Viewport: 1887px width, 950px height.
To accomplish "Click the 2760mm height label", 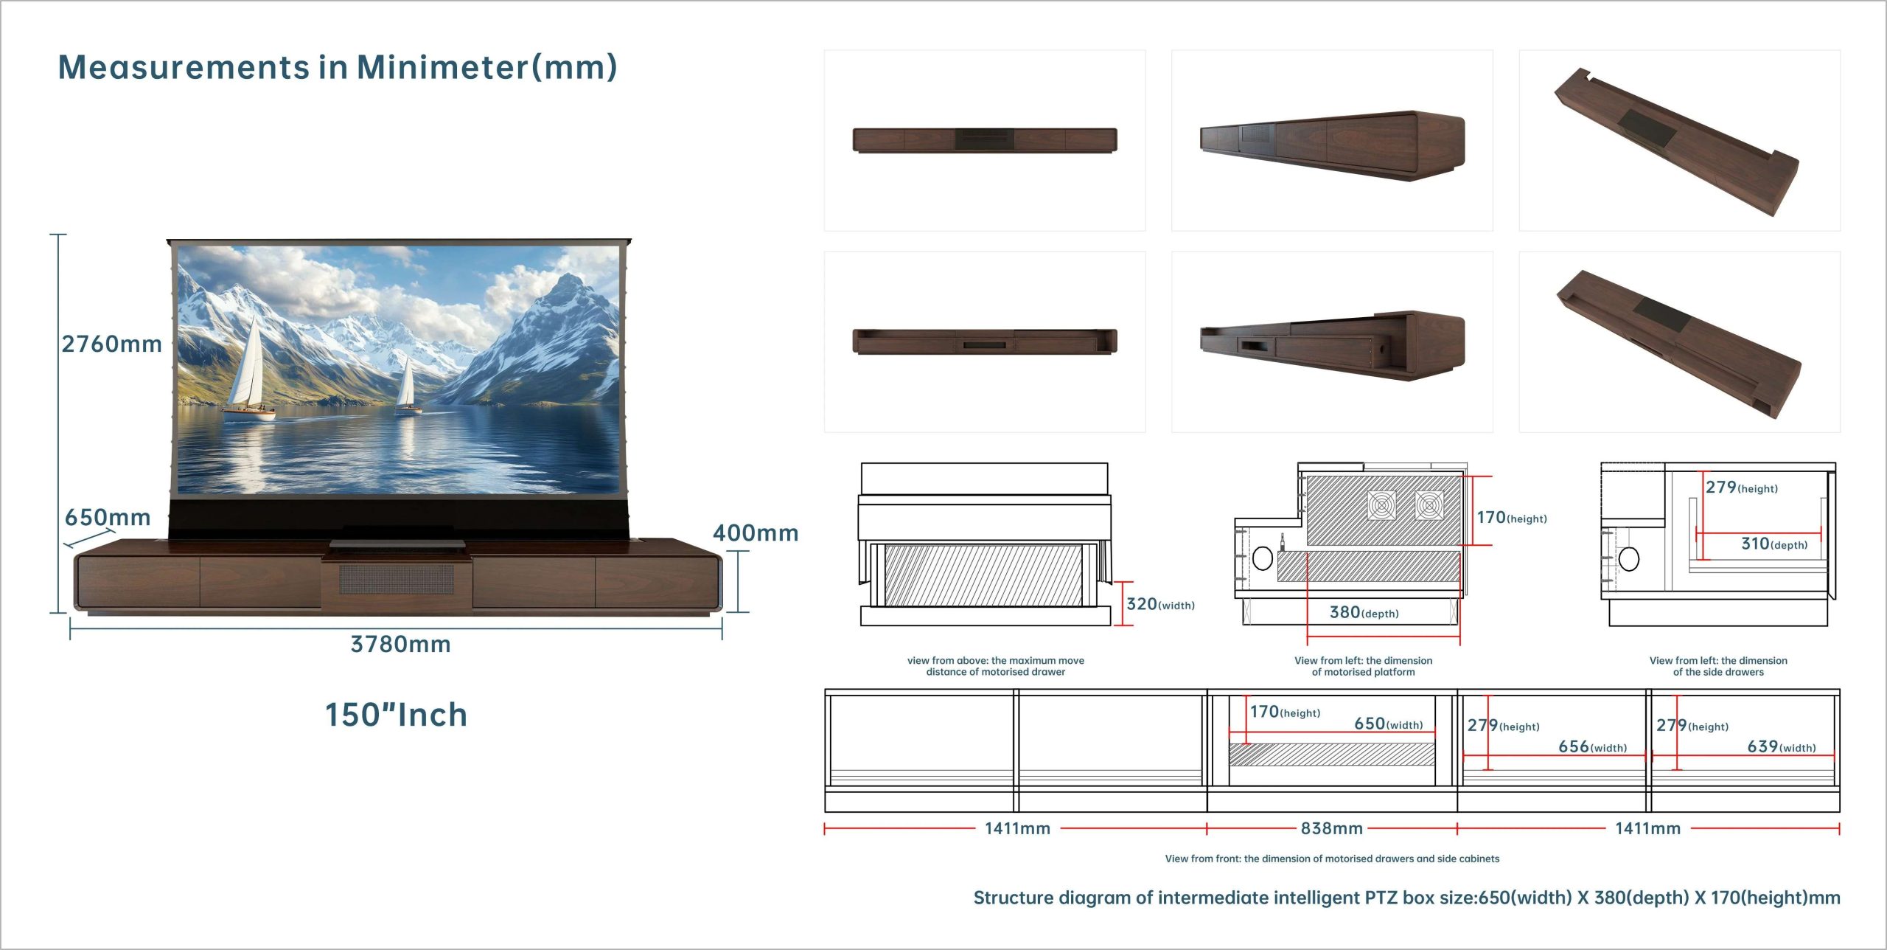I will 111,344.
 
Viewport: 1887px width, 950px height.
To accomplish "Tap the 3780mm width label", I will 400,645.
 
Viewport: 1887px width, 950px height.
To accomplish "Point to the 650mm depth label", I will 108,517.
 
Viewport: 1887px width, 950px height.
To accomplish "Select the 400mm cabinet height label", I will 756,533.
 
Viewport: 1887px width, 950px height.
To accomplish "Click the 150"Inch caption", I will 397,715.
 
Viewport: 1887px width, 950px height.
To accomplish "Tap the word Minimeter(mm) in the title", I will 486,67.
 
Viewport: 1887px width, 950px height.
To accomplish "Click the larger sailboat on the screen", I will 248,369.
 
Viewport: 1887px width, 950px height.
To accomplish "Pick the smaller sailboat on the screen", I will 406,384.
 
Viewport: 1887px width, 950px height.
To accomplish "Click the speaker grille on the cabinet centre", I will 397,579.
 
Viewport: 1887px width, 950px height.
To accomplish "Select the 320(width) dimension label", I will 1160,604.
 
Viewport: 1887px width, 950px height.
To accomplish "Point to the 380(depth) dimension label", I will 1364,612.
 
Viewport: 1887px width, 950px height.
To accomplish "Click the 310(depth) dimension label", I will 1773,544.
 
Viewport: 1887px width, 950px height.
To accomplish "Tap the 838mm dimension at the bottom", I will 1331,828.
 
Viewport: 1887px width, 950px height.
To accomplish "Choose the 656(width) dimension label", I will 1592,746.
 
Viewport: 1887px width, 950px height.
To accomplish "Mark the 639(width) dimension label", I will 1781,746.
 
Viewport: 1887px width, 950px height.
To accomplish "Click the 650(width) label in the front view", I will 1388,724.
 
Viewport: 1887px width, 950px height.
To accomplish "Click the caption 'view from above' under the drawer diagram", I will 995,666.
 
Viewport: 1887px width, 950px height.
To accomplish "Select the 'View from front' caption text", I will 1331,859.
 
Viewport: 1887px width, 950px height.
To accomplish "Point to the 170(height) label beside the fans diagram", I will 1511,518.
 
